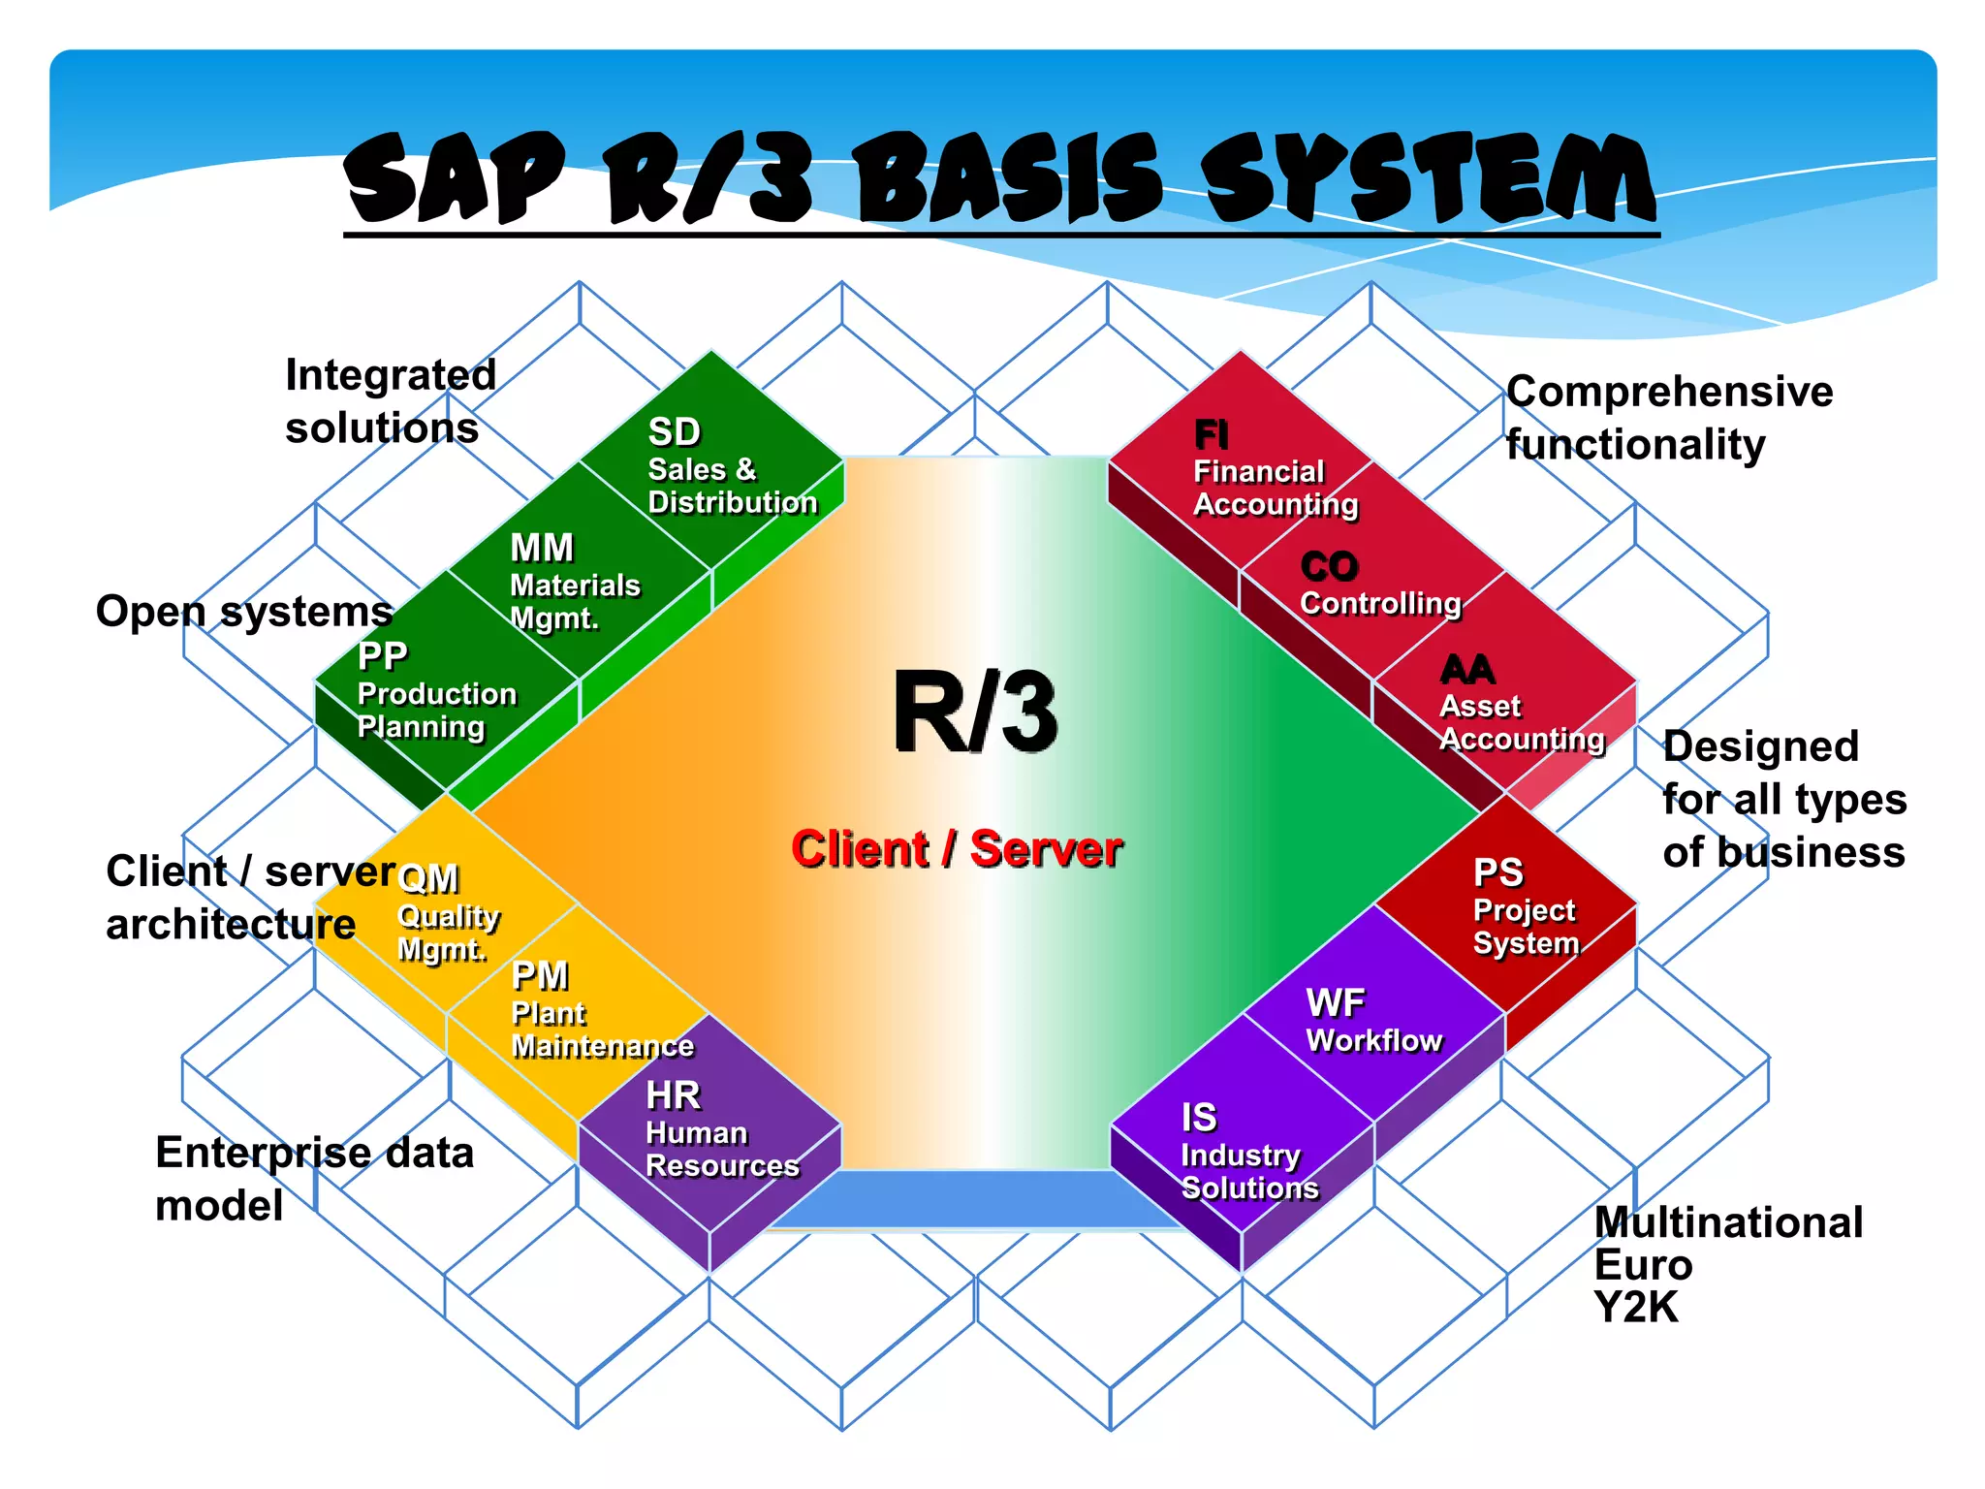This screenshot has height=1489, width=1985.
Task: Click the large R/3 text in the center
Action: (x=974, y=713)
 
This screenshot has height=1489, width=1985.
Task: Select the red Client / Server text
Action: (x=957, y=848)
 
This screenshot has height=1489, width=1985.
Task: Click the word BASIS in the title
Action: (x=1008, y=179)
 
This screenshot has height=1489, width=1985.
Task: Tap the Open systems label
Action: (x=244, y=612)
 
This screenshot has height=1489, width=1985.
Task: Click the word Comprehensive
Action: (x=1669, y=392)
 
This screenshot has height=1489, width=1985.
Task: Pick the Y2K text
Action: (x=1636, y=1308)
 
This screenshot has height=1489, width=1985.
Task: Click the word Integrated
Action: (x=390, y=375)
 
